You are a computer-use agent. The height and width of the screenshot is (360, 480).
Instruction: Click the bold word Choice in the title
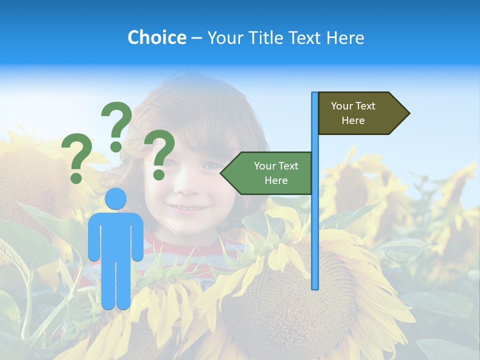pos(156,37)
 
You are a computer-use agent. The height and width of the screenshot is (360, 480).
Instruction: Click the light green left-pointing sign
pos(270,173)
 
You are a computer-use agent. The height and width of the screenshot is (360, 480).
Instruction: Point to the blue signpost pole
pos(314,225)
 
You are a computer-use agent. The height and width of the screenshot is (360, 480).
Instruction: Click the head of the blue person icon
pos(116,198)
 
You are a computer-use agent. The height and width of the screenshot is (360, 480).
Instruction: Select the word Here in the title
pos(345,37)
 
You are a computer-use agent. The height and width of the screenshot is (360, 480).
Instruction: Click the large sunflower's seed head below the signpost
pos(290,300)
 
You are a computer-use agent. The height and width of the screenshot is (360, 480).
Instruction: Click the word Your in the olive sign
pos(342,106)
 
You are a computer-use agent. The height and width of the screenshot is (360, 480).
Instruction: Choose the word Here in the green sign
pos(276,180)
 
